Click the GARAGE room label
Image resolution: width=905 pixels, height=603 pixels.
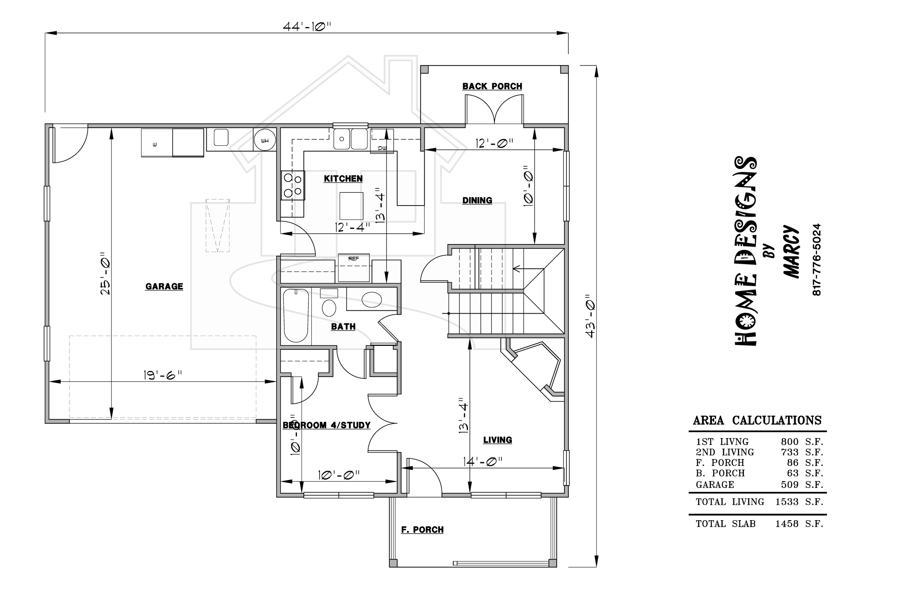tap(164, 286)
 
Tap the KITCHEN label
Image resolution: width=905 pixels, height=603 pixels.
tap(343, 179)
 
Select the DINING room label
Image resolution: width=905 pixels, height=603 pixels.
tap(477, 200)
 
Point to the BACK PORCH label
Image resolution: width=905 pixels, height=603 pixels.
tap(492, 86)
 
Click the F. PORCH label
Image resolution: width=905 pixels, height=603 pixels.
tap(422, 530)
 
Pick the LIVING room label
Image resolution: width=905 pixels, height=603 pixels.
tap(497, 440)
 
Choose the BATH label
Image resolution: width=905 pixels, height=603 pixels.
tap(343, 327)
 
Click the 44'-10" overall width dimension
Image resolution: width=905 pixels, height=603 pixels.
tap(307, 26)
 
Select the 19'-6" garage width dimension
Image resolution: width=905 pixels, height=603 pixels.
tap(163, 375)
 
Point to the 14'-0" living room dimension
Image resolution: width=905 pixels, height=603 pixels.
tap(483, 461)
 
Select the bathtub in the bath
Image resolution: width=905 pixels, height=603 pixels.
tap(296, 316)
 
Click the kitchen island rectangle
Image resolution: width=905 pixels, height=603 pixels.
tap(351, 206)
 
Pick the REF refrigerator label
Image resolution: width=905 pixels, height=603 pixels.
tap(354, 259)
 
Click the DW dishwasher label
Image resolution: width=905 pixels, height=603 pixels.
tap(382, 148)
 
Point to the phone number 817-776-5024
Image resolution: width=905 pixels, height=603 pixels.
tap(817, 260)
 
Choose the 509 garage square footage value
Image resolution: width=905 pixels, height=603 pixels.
tap(790, 485)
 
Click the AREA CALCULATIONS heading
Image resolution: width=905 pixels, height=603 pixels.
tap(757, 420)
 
